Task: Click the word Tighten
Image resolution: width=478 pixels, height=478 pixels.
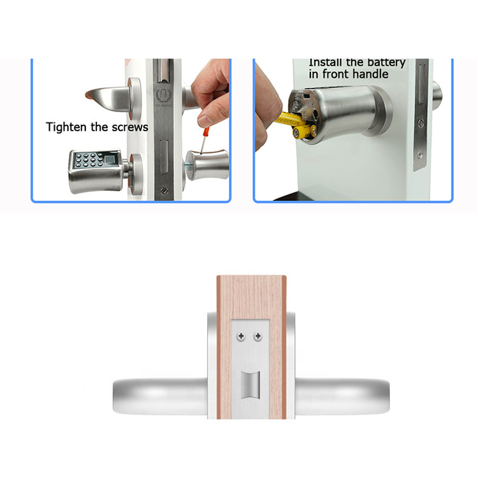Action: coord(66,127)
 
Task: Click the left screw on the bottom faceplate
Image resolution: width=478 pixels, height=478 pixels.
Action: coord(242,336)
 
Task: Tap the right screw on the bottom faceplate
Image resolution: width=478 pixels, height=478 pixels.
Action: coord(257,336)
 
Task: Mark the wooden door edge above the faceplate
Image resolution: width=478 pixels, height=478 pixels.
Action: coord(250,293)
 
